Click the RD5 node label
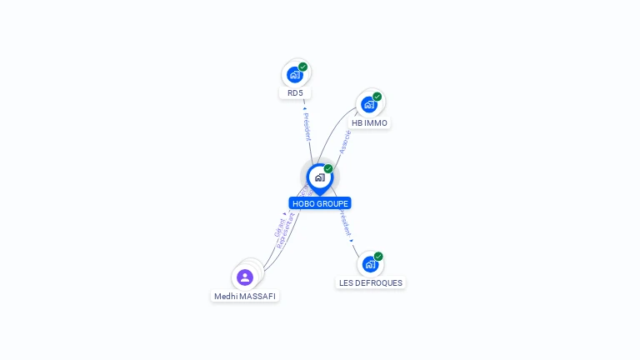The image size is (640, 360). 295,93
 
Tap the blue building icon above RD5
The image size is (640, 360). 294,75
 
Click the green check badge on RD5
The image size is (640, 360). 302,67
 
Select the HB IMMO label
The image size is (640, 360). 369,123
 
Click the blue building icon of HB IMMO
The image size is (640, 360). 368,105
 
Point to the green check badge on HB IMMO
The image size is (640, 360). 377,97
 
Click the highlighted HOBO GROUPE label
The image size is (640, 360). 320,203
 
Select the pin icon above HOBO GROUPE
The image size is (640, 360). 319,177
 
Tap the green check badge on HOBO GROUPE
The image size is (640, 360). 328,169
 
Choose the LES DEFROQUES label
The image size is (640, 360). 371,283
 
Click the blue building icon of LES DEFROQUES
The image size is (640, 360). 370,265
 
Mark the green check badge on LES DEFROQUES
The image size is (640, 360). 378,257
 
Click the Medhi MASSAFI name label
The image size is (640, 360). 245,297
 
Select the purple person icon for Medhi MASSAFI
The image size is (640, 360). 245,277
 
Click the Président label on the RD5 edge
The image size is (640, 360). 307,127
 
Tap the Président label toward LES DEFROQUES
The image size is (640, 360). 345,223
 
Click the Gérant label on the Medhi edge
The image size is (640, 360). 279,228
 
